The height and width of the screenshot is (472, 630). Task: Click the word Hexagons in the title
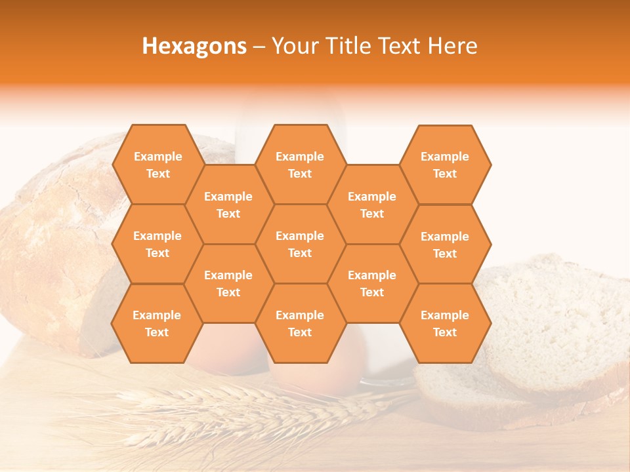194,46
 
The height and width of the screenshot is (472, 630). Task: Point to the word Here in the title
452,46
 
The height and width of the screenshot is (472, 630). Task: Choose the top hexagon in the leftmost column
157,165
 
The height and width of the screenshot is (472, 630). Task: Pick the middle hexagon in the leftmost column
157,244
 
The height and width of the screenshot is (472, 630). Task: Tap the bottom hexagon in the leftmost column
157,323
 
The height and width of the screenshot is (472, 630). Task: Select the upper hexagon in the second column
228,205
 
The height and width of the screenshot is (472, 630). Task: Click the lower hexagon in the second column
228,283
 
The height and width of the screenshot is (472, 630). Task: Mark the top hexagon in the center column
300,165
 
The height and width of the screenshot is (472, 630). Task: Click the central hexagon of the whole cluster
300,244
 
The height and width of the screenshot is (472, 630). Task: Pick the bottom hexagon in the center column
300,323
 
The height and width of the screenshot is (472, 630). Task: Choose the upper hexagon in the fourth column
372,205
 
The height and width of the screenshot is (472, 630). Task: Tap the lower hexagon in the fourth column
372,283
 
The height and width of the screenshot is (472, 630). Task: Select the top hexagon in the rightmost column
445,165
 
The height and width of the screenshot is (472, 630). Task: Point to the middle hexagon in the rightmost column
445,245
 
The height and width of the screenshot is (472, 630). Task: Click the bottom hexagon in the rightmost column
445,323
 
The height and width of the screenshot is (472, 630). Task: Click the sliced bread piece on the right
558,328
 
